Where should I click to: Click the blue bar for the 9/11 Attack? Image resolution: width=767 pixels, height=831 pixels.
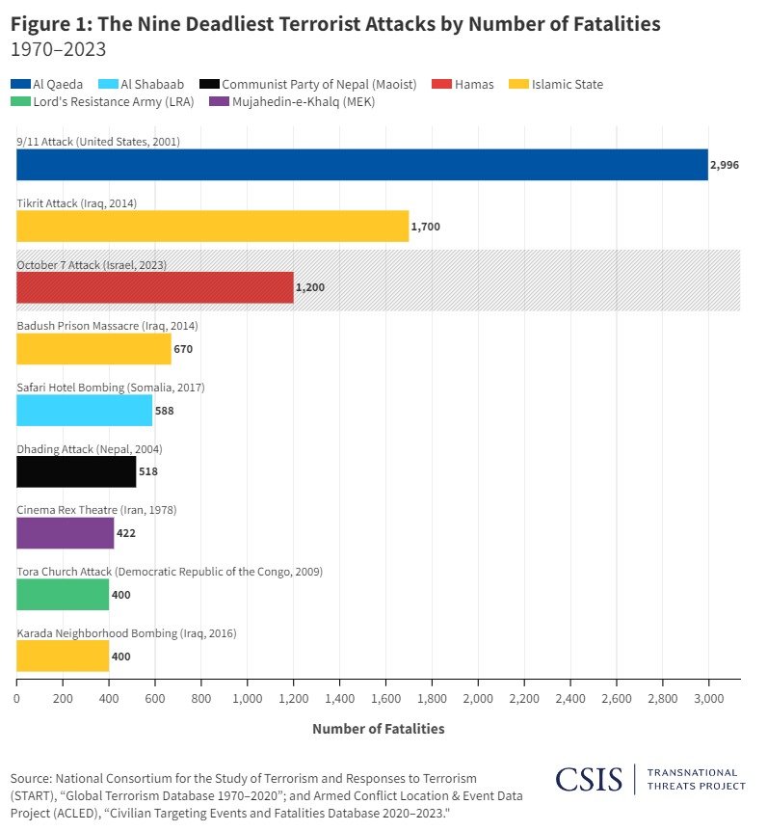point(361,165)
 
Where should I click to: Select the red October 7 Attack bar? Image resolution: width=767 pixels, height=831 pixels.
point(154,287)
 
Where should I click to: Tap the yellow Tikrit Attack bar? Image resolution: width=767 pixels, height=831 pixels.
point(212,227)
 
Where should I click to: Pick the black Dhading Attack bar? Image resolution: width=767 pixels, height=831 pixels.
point(76,471)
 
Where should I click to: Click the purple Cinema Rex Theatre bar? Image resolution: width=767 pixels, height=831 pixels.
point(65,532)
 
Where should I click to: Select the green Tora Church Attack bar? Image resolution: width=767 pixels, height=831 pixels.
point(63,594)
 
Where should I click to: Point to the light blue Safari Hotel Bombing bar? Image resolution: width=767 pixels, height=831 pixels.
point(84,410)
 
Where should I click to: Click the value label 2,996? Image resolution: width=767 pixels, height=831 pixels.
point(724,166)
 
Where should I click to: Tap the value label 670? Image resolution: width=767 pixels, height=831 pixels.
point(183,349)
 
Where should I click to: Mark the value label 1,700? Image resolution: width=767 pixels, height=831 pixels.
point(425,227)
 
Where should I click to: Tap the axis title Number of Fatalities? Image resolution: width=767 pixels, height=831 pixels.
point(378,729)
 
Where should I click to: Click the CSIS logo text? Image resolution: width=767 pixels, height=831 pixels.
point(590,778)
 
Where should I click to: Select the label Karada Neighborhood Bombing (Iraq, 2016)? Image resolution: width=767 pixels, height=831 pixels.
point(126,633)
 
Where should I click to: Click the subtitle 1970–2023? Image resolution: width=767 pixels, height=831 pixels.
point(58,49)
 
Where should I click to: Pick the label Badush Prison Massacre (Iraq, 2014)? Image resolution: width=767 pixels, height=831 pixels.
point(107,326)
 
